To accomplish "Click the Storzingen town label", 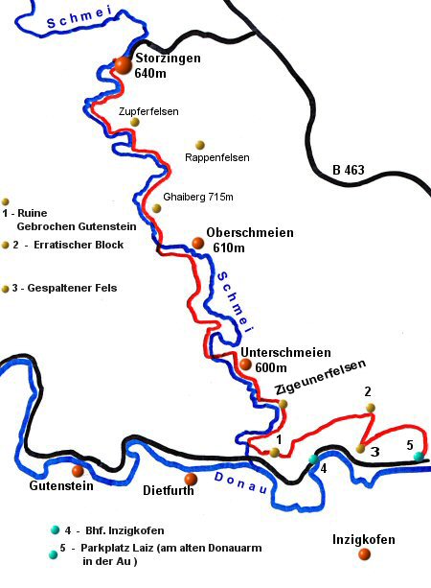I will pyautogui.click(x=168, y=59).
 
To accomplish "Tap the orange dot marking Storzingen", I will pyautogui.click(x=123, y=64).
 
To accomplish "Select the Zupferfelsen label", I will pyautogui.click(x=147, y=111).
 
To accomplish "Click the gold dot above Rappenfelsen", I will pyautogui.click(x=200, y=145).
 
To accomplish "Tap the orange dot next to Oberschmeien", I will pyautogui.click(x=198, y=243).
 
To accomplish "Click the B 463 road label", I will pyautogui.click(x=349, y=171).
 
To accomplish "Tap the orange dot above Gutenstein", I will pyautogui.click(x=78, y=471).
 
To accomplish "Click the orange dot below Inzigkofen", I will pyautogui.click(x=363, y=553).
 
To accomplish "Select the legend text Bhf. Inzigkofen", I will pyautogui.click(x=122, y=529).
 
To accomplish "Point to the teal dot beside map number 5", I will pyautogui.click(x=419, y=457).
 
